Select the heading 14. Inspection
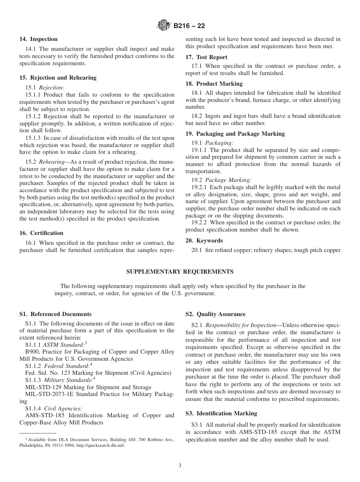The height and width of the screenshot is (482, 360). coord(38,39)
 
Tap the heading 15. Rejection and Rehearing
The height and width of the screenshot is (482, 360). coord(58,78)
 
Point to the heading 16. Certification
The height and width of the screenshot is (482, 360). coord(41,233)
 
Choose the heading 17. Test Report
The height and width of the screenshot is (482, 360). coord(206,57)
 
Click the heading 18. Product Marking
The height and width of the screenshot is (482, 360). coord(214,84)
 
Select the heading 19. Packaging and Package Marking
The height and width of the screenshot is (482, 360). coord(235,134)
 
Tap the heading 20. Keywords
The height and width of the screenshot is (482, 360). coord(204,241)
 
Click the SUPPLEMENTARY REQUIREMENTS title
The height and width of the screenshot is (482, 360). coord(180,272)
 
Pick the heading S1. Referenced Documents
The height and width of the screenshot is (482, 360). coord(55,314)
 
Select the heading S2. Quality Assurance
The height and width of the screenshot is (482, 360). coord(215,314)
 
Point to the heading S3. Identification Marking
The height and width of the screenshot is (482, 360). coord(221,413)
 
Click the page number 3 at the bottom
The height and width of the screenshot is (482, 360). coord(180,466)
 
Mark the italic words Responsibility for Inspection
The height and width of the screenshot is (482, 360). coord(241,325)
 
